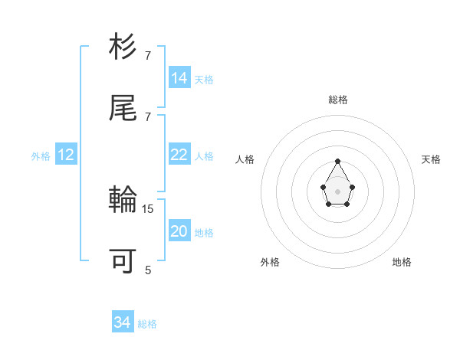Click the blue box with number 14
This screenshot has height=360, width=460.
(179, 77)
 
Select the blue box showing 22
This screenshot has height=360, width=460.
(179, 155)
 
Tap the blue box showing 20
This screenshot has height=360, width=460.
(179, 231)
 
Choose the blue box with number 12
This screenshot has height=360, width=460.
(66, 155)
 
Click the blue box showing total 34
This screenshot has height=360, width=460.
(123, 322)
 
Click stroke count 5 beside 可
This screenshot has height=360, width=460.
(148, 270)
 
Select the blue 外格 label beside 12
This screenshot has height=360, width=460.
(41, 155)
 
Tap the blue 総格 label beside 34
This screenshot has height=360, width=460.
(147, 324)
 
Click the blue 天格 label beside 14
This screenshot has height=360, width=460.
(204, 79)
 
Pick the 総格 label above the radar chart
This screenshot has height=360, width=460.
(338, 100)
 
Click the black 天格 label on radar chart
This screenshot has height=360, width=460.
(431, 159)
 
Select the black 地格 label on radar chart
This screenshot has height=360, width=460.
(402, 262)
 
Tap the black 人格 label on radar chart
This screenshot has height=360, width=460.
(245, 159)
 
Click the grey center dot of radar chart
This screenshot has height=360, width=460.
(337, 191)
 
